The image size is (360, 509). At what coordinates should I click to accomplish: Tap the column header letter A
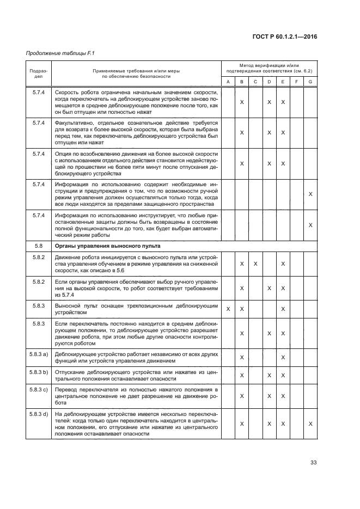[x=228, y=82]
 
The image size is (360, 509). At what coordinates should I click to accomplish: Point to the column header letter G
[x=310, y=82]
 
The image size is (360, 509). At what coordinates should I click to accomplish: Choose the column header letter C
[x=255, y=82]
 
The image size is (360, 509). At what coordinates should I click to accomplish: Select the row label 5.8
[x=39, y=246]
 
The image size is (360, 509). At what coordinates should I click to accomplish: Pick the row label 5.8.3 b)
[x=39, y=372]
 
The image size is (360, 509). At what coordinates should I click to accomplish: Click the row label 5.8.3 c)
[x=39, y=390]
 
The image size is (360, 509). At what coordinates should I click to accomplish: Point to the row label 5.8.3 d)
[x=39, y=414]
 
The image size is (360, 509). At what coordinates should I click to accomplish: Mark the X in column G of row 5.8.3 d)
[x=310, y=424]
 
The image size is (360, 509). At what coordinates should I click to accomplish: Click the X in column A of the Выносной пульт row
[x=228, y=309]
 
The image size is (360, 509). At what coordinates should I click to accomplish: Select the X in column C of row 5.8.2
[x=255, y=264]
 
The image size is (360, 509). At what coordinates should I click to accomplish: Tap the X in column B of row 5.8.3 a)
[x=241, y=357]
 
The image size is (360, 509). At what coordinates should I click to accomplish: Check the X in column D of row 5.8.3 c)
[x=269, y=397]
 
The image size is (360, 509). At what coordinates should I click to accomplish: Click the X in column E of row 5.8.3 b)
[x=283, y=376]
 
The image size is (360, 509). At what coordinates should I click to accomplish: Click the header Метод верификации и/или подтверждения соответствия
[x=269, y=68]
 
